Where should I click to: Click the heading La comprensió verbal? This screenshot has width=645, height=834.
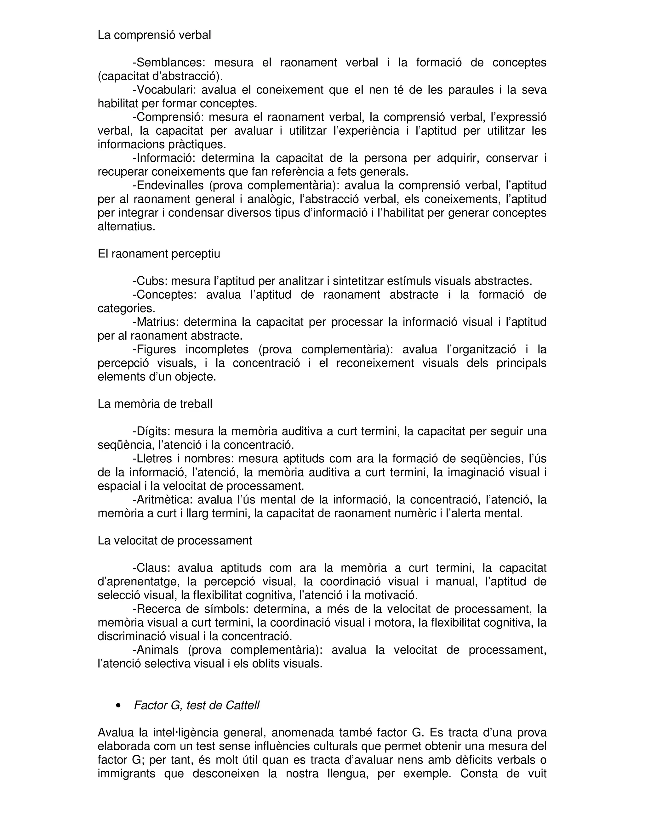(x=154, y=35)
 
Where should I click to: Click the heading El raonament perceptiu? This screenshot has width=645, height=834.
(x=159, y=254)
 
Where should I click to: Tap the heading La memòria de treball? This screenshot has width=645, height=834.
(x=155, y=404)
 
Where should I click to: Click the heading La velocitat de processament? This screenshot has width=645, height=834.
(x=174, y=541)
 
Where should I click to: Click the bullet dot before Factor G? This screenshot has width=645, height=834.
(x=118, y=706)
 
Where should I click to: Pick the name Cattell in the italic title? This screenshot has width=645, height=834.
(x=242, y=705)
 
